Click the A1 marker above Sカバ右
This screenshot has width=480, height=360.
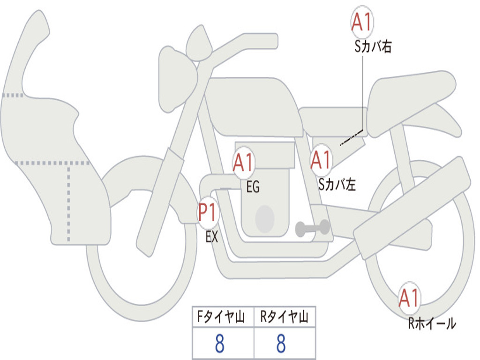(x=362, y=22)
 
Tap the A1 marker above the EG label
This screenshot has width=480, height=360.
(x=243, y=162)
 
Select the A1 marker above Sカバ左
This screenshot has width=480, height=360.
(x=321, y=160)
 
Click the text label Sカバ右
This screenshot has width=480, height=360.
(x=373, y=46)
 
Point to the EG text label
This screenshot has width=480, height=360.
(x=253, y=187)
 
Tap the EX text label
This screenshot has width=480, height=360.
(x=212, y=237)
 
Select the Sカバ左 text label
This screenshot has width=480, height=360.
(x=337, y=184)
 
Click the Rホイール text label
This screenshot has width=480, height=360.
(x=432, y=323)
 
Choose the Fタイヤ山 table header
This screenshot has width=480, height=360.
(x=221, y=316)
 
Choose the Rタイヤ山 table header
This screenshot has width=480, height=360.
(x=285, y=316)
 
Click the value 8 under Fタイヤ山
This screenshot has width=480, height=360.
(x=220, y=343)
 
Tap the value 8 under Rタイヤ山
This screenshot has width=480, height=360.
(x=281, y=343)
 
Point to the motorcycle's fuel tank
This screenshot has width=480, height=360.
(x=254, y=105)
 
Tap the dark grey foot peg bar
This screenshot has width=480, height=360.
(x=312, y=228)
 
